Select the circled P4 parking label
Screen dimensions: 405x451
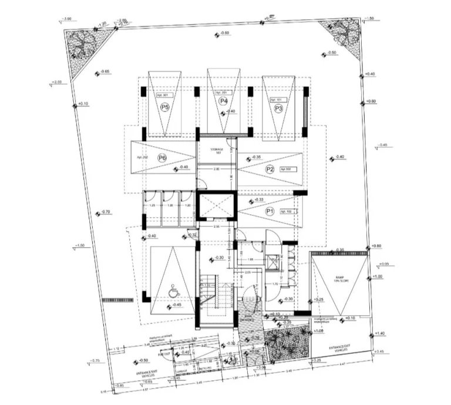click(x=223, y=102)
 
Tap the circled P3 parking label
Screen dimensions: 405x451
click(x=278, y=109)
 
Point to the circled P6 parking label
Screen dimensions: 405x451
click(x=163, y=158)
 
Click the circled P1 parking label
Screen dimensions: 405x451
click(x=270, y=211)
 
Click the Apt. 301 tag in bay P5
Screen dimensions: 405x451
click(x=161, y=95)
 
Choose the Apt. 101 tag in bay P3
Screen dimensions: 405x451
click(x=276, y=100)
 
